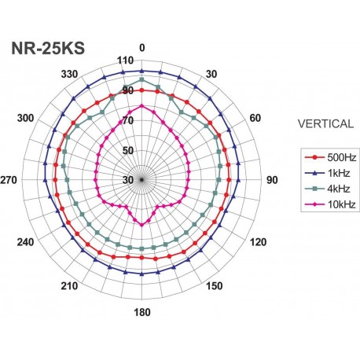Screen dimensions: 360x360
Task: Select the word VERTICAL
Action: point(325,123)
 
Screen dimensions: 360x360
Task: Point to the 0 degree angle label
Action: point(142,48)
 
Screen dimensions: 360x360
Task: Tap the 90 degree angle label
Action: point(272,180)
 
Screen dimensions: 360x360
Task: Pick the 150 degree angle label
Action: point(213,285)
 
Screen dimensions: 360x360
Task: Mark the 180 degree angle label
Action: point(142,313)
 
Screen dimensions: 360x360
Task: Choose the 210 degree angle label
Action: point(71,285)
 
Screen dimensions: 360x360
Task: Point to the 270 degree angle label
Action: point(9,180)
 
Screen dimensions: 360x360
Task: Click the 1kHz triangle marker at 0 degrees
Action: point(142,72)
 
